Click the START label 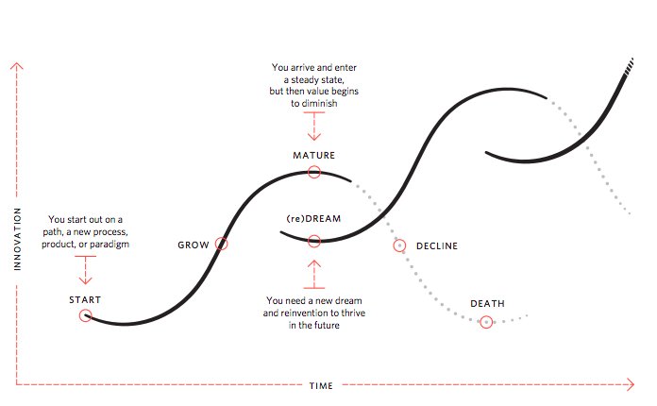click(x=85, y=299)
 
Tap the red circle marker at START click(x=85, y=316)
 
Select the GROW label click(x=194, y=245)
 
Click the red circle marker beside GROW click(x=222, y=244)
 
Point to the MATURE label click(x=314, y=155)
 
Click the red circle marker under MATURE click(x=314, y=173)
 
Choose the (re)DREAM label click(x=312, y=219)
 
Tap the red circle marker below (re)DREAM click(x=314, y=241)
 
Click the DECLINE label click(x=437, y=246)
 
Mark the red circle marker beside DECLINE click(x=399, y=245)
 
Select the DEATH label click(x=487, y=304)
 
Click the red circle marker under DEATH click(x=486, y=322)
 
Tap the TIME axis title click(x=321, y=385)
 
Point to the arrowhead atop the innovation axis click(x=17, y=65)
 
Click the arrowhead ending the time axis click(x=630, y=385)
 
